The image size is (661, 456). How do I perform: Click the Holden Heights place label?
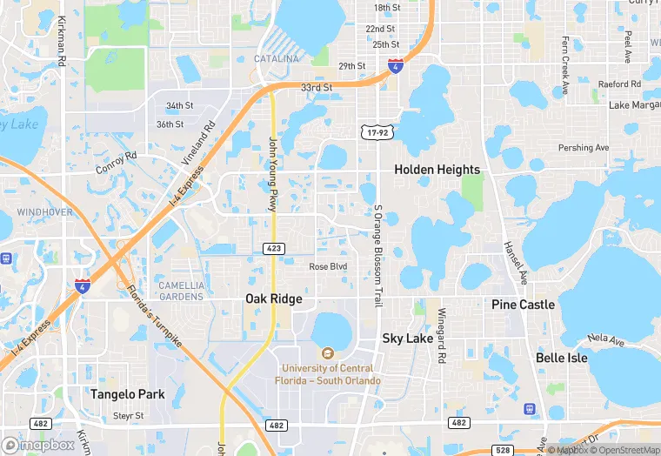(x=437, y=170)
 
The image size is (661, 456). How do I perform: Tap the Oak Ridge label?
(x=273, y=298)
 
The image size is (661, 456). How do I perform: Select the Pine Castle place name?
(x=523, y=305)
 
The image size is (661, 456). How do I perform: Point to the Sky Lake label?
(x=407, y=338)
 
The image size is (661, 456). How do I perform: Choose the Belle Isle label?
(x=561, y=358)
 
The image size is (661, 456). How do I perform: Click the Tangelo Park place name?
(x=128, y=394)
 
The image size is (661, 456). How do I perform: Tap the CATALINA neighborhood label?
(x=276, y=59)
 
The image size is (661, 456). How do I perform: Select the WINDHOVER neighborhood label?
(x=44, y=211)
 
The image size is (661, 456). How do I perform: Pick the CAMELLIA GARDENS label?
(x=181, y=291)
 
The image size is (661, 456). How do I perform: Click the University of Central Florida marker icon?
(x=327, y=353)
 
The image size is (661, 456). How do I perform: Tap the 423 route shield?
(x=273, y=249)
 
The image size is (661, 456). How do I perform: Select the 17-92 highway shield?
(x=376, y=131)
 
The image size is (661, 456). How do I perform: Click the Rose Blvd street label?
(x=328, y=266)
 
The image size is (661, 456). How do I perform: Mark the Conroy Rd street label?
(x=118, y=163)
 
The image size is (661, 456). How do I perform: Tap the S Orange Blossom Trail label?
(x=377, y=255)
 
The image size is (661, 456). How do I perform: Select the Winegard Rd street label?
(x=442, y=335)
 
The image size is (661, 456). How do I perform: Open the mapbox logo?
(x=38, y=445)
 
